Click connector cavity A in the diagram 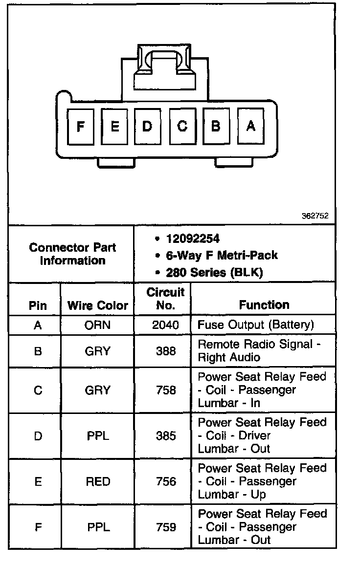(x=250, y=126)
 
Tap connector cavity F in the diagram (x=80, y=127)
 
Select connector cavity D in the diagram (x=147, y=127)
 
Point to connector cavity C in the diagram (x=182, y=127)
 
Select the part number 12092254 (x=193, y=239)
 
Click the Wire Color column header (x=97, y=305)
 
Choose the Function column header (x=264, y=305)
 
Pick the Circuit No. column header (x=165, y=299)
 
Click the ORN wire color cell (x=98, y=325)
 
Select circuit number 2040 (x=165, y=325)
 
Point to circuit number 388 (x=165, y=351)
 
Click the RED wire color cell (x=98, y=481)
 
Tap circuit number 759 (x=165, y=527)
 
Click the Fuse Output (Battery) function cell (x=255, y=325)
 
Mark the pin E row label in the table (x=38, y=481)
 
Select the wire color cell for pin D (x=98, y=435)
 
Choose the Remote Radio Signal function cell (x=259, y=350)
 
